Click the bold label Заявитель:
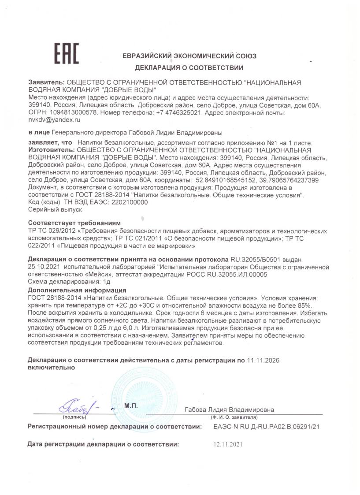(x=46, y=82)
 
